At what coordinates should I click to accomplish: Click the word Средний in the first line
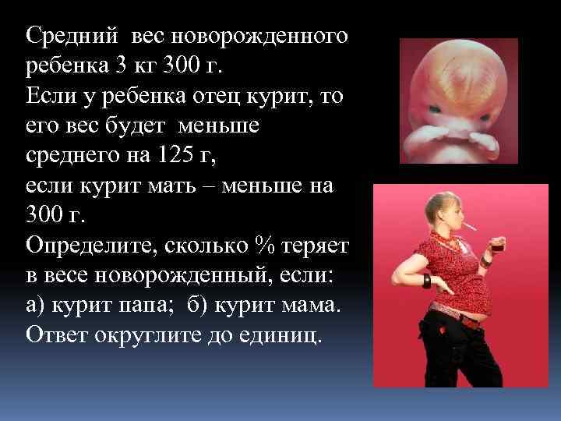71,37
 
